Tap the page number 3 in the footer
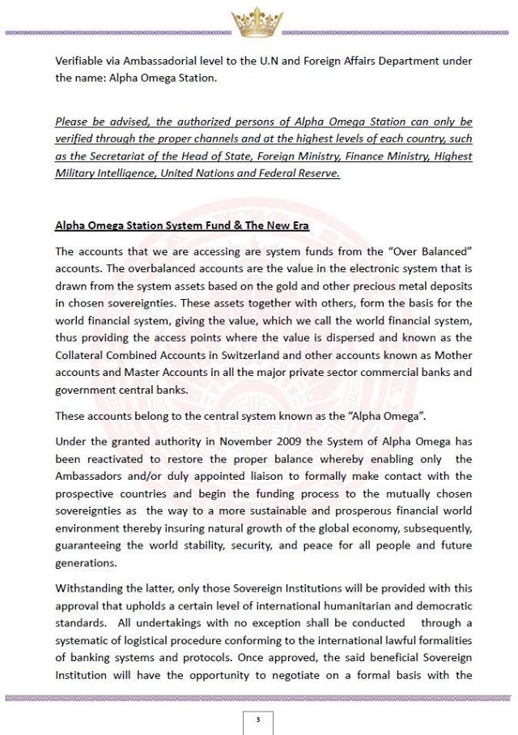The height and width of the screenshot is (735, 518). click(x=258, y=719)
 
